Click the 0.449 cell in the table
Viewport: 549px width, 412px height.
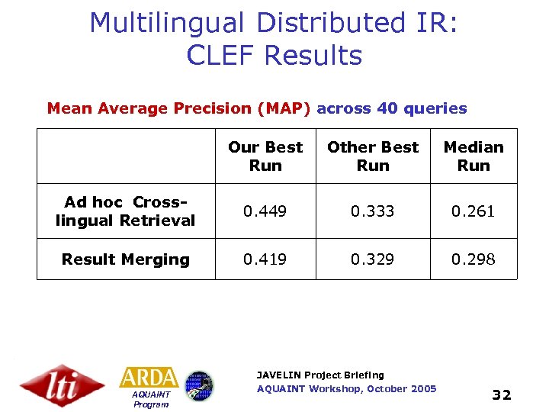pyautogui.click(x=265, y=211)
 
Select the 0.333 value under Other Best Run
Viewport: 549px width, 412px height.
pyautogui.click(x=373, y=211)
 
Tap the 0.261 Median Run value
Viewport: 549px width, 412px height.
pyautogui.click(x=473, y=211)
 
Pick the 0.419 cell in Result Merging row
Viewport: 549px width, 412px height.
pyautogui.click(x=265, y=259)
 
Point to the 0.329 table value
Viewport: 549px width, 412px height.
pyautogui.click(x=373, y=259)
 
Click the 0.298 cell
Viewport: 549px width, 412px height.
pyautogui.click(x=473, y=259)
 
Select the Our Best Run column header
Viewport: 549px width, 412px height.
pyautogui.click(x=265, y=156)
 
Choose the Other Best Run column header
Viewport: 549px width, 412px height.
pyautogui.click(x=373, y=156)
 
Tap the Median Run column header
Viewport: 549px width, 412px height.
pyautogui.click(x=473, y=156)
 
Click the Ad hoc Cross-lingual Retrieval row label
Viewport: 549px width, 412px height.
pyautogui.click(x=126, y=211)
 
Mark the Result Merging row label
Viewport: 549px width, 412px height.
pyautogui.click(x=126, y=259)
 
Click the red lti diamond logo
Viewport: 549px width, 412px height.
pyautogui.click(x=62, y=385)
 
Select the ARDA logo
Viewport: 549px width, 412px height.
pyautogui.click(x=149, y=378)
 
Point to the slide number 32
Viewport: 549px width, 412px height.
pyautogui.click(x=501, y=394)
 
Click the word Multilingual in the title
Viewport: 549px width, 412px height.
pyautogui.click(x=168, y=23)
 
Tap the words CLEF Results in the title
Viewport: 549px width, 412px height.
pyautogui.click(x=274, y=56)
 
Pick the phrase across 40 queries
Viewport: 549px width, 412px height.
pyautogui.click(x=391, y=108)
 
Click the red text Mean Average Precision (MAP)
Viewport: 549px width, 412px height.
pyautogui.click(x=178, y=108)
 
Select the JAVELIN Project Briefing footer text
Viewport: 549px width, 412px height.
pyautogui.click(x=320, y=375)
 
